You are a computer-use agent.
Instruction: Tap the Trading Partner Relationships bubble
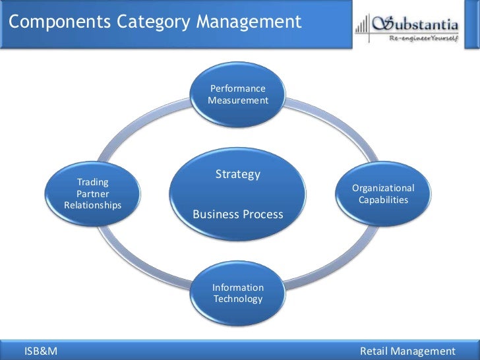coord(93,193)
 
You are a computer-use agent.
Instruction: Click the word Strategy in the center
coord(238,175)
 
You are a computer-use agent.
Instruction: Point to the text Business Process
coord(238,214)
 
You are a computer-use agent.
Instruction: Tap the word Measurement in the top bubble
coord(238,101)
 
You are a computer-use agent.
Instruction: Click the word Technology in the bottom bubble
coord(238,299)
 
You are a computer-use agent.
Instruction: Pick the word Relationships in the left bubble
coord(93,206)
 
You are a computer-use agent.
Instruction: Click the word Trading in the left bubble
coord(93,181)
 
